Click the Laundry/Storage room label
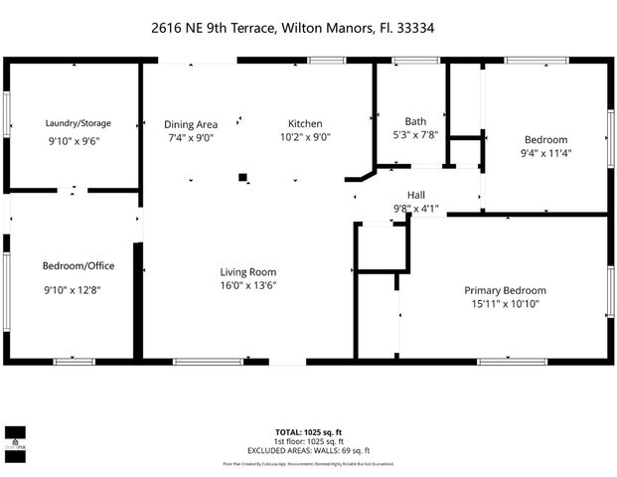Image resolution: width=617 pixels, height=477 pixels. coord(78,123)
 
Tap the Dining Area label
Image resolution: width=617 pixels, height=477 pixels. coord(191,123)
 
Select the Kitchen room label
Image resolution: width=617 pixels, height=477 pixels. coord(305,123)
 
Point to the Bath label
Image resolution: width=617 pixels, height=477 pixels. coord(415,121)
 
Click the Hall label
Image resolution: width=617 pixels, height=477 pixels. coord(416,195)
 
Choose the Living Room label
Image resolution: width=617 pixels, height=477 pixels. coord(247,271)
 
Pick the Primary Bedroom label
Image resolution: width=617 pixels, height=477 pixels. coord(505,290)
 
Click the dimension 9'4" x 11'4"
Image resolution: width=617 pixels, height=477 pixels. coord(545,154)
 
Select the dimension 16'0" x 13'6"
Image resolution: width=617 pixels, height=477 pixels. coord(247,286)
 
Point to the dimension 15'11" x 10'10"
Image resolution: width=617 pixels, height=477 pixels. coord(505,305)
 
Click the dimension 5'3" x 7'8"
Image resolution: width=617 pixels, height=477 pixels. coord(415,136)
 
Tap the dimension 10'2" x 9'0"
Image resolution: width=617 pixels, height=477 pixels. coord(305,138)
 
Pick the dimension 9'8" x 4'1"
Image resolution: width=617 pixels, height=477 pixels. coord(416,209)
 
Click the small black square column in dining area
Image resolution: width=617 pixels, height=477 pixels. coord(242,179)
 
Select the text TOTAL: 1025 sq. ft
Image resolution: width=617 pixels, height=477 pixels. coord(307,432)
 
